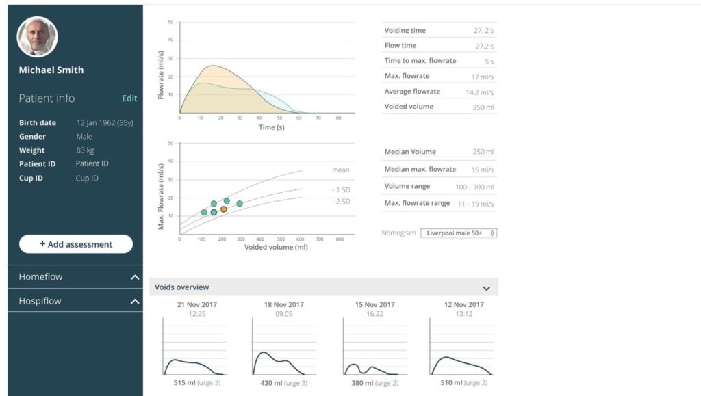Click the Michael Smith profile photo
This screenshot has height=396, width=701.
[37, 37]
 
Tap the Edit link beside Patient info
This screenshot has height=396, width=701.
[129, 98]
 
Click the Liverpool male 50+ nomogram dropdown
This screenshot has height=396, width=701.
[458, 233]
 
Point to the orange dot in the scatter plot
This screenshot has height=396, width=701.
[224, 209]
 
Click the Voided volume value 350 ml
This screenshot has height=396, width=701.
[483, 107]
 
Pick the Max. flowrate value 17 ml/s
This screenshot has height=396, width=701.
[483, 76]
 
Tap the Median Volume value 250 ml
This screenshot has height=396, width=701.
[483, 153]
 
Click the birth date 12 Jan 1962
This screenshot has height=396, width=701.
[104, 123]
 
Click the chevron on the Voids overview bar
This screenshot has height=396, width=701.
[486, 288]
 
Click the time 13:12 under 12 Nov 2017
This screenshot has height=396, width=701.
[464, 314]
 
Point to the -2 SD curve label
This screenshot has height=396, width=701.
[340, 202]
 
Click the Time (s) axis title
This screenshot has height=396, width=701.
[266, 127]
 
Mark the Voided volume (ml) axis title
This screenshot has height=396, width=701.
[276, 247]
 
